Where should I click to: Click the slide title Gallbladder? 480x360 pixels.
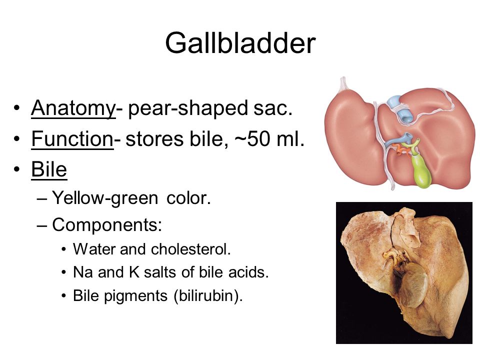tap(240, 43)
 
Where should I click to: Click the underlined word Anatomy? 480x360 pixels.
tap(73, 108)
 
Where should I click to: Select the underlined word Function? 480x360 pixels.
tap(72, 138)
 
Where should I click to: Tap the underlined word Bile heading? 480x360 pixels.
tap(49, 169)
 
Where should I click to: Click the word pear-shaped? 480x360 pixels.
tap(188, 108)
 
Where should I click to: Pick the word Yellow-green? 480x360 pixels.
tap(105, 198)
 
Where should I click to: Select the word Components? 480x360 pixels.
tap(107, 225)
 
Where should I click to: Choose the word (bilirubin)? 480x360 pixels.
tap(208, 296)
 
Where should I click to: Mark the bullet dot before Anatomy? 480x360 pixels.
tap(16, 108)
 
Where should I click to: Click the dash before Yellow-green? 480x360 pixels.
tap(42, 199)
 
